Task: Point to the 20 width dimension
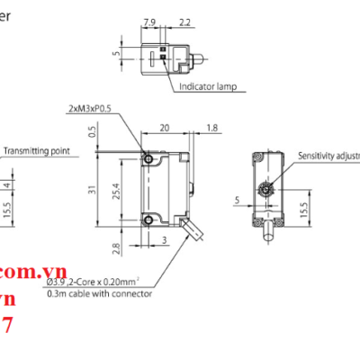pyautogui.click(x=165, y=128)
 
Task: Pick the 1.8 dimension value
pyautogui.click(x=211, y=128)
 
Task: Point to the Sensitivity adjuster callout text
pyautogui.click(x=328, y=156)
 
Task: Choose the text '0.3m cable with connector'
pyautogui.click(x=98, y=293)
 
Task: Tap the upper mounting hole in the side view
pyautogui.click(x=149, y=159)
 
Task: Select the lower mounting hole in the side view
pyautogui.click(x=149, y=217)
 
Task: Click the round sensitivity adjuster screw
pyautogui.click(x=265, y=190)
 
